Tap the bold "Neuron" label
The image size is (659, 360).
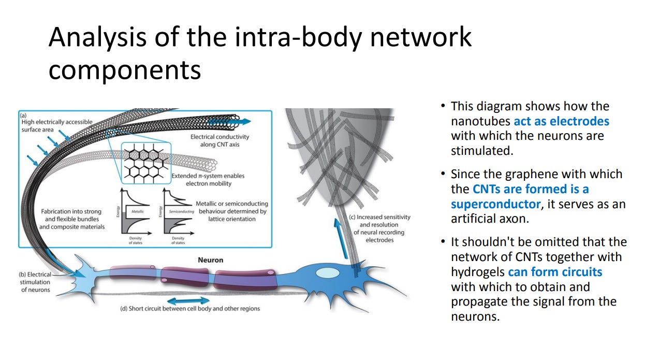pyautogui.click(x=211, y=260)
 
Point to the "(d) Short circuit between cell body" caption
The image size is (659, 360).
pyautogui.click(x=190, y=309)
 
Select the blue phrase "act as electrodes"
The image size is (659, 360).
pyautogui.click(x=561, y=121)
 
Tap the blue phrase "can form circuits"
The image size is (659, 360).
pyautogui.click(x=555, y=271)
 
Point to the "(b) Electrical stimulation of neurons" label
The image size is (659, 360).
pyautogui.click(x=35, y=282)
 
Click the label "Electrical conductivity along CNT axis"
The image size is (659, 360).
pyautogui.click(x=219, y=140)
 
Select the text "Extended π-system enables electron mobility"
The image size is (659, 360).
pyautogui.click(x=208, y=179)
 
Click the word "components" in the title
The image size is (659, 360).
pyautogui.click(x=124, y=69)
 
